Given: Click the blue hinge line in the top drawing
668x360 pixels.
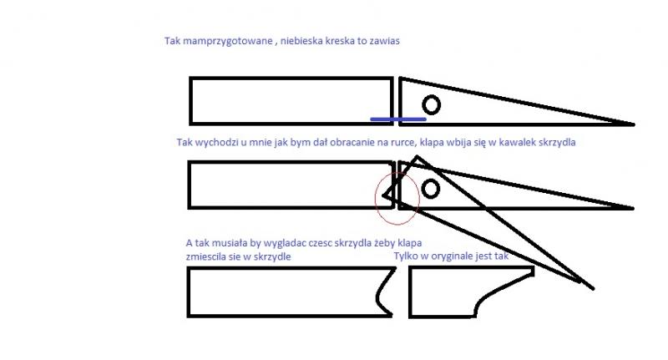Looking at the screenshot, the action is tap(398, 119).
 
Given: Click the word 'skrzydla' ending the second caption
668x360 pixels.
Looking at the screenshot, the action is tap(557, 142).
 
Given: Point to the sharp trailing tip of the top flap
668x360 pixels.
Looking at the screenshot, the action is tap(635, 124).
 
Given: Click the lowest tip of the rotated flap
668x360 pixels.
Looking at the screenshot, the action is tap(593, 289).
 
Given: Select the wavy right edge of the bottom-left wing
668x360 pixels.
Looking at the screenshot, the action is tap(383, 292).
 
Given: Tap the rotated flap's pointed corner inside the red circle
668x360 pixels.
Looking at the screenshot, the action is tap(383, 196).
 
